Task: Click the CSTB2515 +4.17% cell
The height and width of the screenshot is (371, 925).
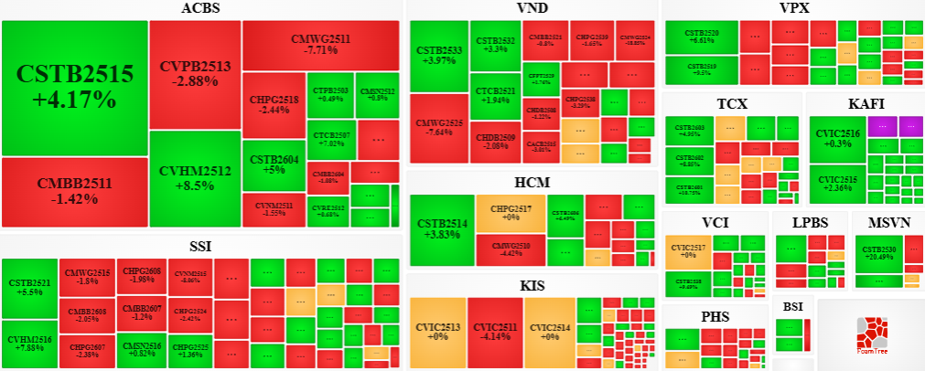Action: tap(75, 87)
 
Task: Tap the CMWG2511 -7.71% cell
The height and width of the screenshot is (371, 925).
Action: tap(320, 44)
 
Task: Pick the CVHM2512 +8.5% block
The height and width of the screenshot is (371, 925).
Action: tap(194, 177)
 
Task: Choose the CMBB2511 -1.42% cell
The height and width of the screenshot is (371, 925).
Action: tap(75, 191)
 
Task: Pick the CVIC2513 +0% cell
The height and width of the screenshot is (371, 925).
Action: tap(437, 331)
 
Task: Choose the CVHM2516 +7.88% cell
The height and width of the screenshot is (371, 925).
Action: tap(30, 344)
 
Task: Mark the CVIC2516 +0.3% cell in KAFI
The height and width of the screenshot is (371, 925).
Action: tap(836, 138)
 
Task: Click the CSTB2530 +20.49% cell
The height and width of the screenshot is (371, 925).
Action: tap(878, 252)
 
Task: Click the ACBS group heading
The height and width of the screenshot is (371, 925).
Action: tap(200, 9)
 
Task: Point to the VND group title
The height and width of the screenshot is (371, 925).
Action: tap(532, 9)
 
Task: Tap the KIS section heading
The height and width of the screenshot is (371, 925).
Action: tap(532, 286)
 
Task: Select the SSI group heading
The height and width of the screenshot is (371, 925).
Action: tap(200, 246)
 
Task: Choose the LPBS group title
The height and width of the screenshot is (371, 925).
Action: tap(810, 223)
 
